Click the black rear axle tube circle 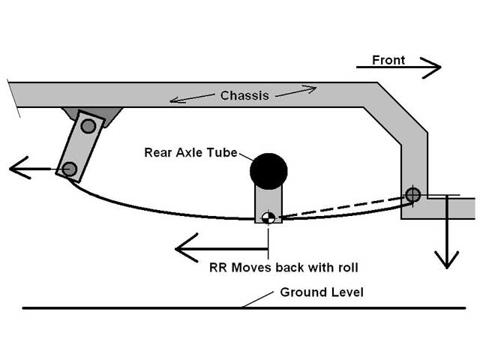tap(268, 172)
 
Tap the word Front tap(388, 60)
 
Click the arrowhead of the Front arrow tap(432, 67)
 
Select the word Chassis tap(244, 95)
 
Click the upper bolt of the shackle tap(88, 125)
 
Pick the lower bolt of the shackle tap(70, 169)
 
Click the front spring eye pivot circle tap(412, 194)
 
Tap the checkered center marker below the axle tap(268, 217)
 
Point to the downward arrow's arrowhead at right tap(447, 259)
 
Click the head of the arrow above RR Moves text tap(186, 248)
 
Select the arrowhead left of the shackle tap(19, 168)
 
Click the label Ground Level tap(322, 292)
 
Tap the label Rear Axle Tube tap(190, 152)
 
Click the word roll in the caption tap(346, 268)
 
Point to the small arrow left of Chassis tap(192, 97)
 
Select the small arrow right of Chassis tap(296, 91)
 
